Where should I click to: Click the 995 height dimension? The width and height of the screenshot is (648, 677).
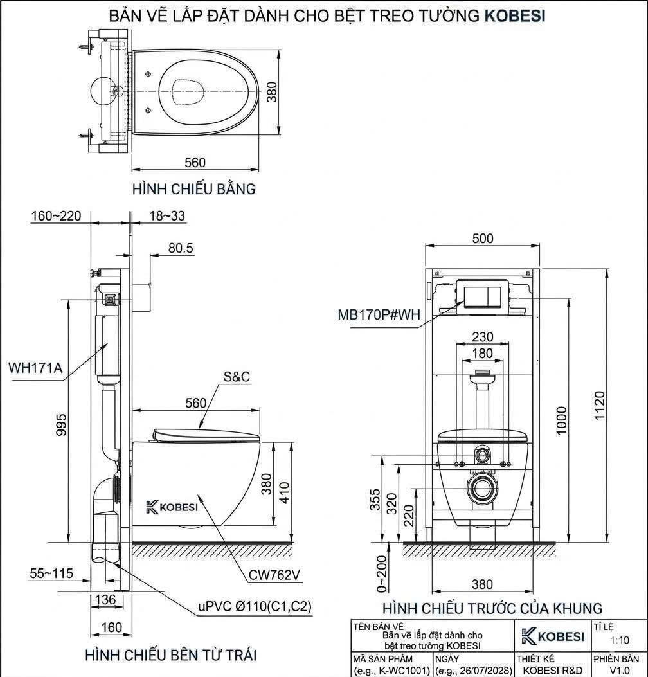61,424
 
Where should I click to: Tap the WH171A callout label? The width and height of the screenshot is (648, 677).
35,368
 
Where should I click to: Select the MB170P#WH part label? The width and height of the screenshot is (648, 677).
379,315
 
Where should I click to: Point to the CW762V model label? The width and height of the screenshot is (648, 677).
274,575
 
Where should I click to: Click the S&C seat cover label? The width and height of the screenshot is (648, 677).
237,377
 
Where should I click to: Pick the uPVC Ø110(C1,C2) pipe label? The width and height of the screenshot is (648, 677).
255,606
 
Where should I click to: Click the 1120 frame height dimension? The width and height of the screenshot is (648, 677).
600,405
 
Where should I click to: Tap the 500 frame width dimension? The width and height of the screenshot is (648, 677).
483,239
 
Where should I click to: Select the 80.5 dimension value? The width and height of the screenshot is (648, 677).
181,248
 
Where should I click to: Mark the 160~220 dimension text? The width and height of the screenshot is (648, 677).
56,215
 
